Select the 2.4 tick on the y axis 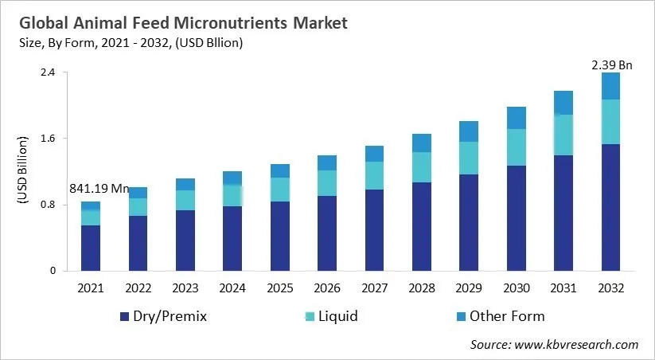point(48,72)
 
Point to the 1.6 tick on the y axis point(48,139)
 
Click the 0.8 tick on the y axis point(48,205)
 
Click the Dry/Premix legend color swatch point(123,317)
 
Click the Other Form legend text point(507,316)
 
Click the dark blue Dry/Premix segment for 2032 point(610,207)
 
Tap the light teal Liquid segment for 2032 point(610,121)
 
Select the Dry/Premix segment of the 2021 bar point(90,248)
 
